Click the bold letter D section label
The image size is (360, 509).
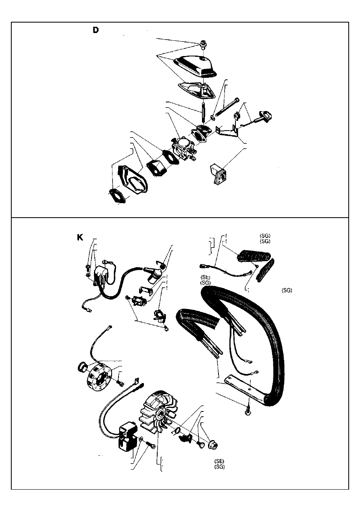pos(96,30)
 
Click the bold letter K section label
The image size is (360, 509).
pos(80,237)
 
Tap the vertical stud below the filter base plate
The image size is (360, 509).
pos(203,113)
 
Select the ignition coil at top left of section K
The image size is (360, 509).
pos(100,275)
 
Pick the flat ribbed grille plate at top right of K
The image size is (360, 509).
pos(254,256)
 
